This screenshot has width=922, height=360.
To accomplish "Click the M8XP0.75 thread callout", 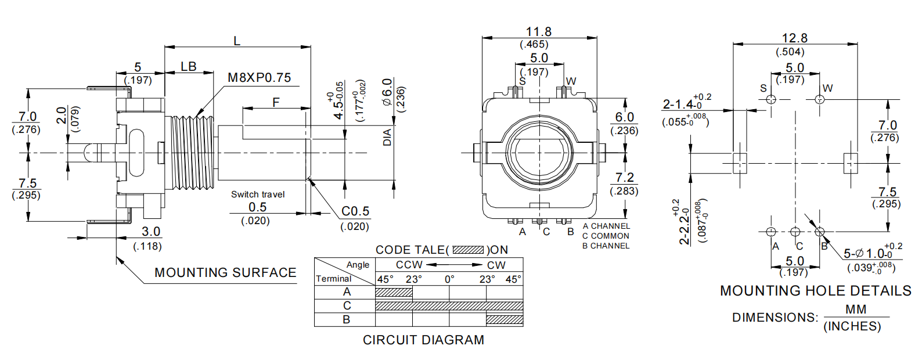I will click(x=259, y=78).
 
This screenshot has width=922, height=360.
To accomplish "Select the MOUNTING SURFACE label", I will click(x=225, y=272).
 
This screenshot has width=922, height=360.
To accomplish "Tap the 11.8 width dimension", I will click(x=538, y=31).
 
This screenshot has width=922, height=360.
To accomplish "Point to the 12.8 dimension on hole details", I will click(x=794, y=38).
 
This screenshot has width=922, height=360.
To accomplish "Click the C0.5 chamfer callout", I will click(x=355, y=211).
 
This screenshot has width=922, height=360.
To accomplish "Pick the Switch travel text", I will click(x=258, y=195).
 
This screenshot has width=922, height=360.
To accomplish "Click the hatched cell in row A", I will click(x=394, y=292).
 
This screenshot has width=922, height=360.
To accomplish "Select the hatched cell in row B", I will click(x=505, y=319).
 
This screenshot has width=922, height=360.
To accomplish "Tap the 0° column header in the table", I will click(x=449, y=279).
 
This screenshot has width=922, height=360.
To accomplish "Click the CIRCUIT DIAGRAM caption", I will click(x=423, y=340).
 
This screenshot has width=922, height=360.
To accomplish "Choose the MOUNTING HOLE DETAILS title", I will click(x=815, y=291).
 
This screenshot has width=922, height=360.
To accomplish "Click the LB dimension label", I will click(x=189, y=67).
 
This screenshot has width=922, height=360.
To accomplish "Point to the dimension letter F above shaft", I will click(x=276, y=102).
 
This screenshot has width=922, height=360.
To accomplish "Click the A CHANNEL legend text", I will click(x=606, y=226).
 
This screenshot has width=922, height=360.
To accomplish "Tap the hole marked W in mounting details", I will click(x=820, y=99).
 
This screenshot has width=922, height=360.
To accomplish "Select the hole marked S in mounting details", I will click(x=771, y=99).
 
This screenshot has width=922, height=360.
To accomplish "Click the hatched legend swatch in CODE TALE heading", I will click(x=468, y=250).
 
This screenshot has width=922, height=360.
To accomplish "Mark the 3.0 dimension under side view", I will click(x=151, y=231).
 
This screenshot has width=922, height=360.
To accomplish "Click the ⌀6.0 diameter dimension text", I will click(x=387, y=91).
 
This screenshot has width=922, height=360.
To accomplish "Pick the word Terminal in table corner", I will click(x=333, y=279).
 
